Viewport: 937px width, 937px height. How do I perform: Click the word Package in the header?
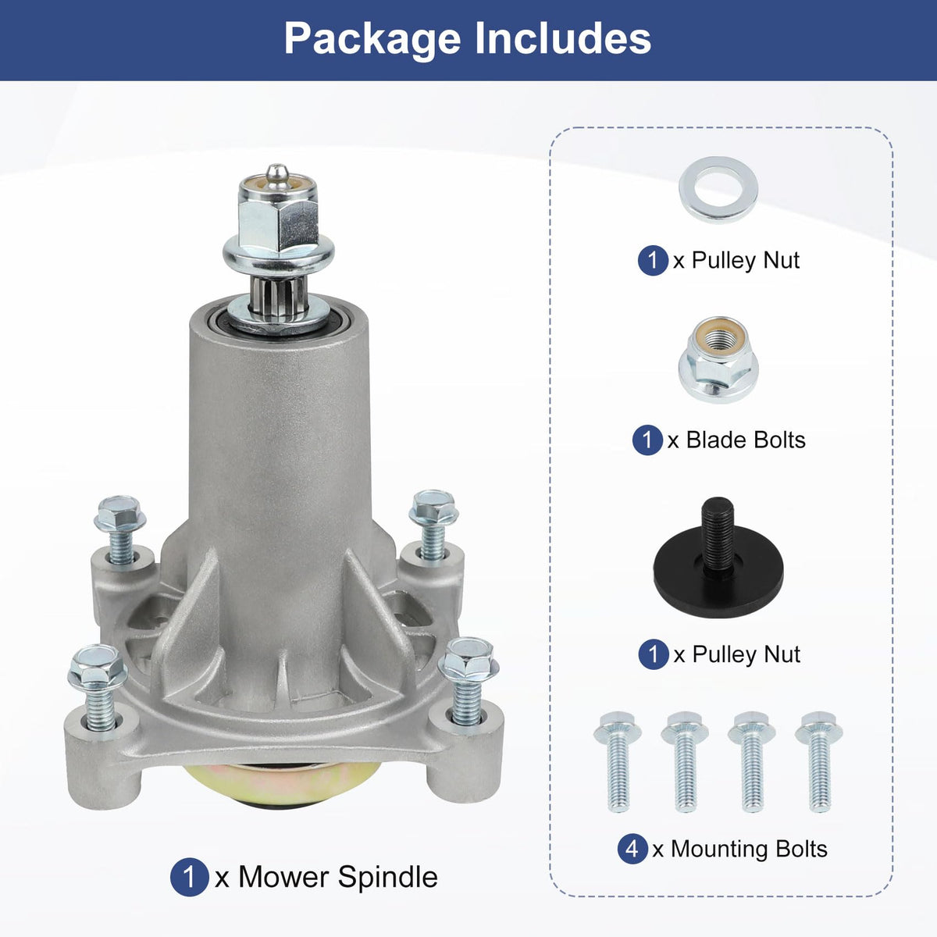point(372,40)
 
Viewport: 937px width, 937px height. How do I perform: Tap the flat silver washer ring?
point(718,190)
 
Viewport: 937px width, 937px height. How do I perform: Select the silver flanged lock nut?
point(718,359)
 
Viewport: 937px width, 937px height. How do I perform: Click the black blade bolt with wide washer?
point(718,564)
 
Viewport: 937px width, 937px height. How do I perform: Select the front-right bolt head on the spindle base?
point(468,659)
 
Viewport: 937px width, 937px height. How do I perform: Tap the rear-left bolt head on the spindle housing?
point(119,514)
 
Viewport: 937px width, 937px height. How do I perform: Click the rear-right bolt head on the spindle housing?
point(433,507)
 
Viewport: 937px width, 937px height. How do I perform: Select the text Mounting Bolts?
point(749,849)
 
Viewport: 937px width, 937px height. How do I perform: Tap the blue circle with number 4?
point(632,849)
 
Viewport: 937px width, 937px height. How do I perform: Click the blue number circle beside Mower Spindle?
point(190,877)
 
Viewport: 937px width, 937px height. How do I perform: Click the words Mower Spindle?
point(338,877)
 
